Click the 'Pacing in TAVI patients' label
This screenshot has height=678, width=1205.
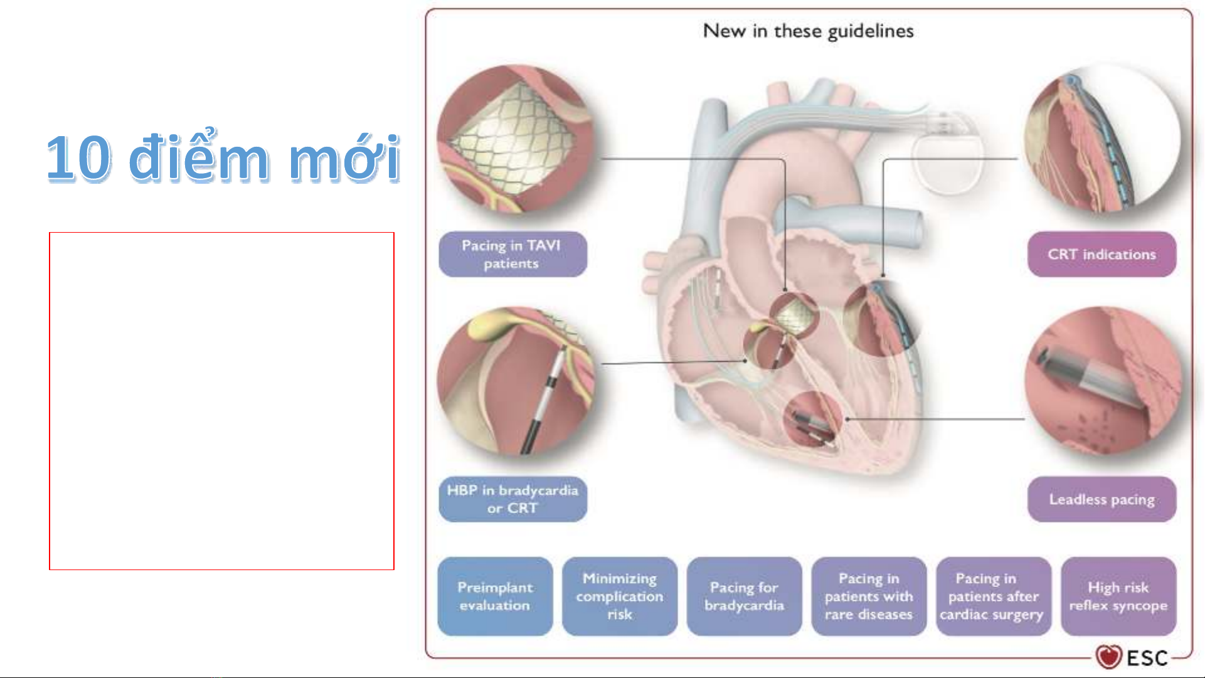(x=512, y=254)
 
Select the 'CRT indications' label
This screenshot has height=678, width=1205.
(x=1101, y=254)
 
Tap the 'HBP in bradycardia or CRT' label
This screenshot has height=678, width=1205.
(x=512, y=499)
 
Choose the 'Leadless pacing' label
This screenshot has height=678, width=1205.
(x=1101, y=499)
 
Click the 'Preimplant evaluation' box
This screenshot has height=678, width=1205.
(x=495, y=596)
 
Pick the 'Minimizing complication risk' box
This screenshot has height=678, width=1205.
(x=620, y=596)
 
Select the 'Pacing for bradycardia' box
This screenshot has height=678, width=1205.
(x=744, y=596)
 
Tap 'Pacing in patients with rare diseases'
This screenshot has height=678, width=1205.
(x=869, y=596)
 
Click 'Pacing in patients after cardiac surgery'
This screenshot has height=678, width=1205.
(x=993, y=596)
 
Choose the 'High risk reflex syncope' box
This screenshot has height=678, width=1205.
(x=1118, y=596)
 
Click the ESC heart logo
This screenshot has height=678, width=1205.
(x=1108, y=657)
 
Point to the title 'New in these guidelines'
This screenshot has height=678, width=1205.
(x=808, y=31)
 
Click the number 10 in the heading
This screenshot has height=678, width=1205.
(x=79, y=158)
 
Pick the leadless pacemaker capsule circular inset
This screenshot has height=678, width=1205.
(x=1103, y=381)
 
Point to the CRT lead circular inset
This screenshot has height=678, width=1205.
(x=1103, y=139)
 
